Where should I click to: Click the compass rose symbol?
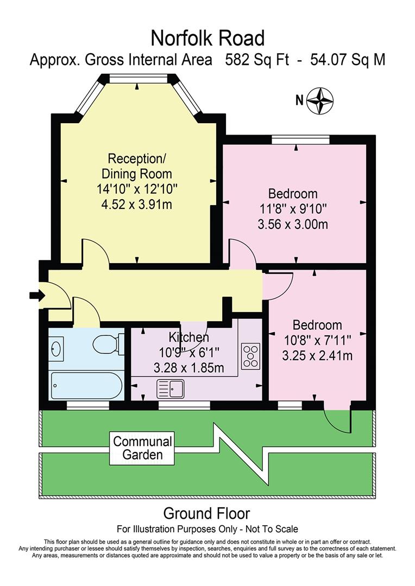(x=320, y=100)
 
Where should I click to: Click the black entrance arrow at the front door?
(x=36, y=295)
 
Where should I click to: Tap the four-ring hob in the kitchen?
(x=250, y=355)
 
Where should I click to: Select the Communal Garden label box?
(x=142, y=448)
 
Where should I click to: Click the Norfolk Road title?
(x=207, y=38)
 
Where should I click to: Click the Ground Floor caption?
(x=207, y=513)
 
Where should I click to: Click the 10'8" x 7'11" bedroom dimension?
(x=317, y=341)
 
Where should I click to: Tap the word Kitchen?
(x=188, y=337)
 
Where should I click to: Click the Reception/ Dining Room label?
(x=137, y=167)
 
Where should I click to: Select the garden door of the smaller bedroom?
(x=337, y=419)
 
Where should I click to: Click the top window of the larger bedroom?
(x=300, y=140)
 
